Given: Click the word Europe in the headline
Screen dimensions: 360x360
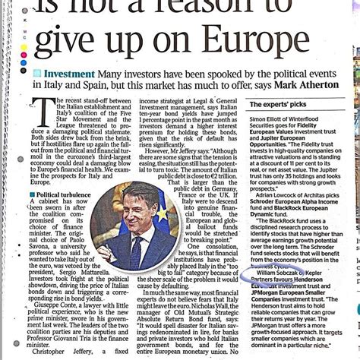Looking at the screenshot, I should pyautogui.click(x=272, y=40).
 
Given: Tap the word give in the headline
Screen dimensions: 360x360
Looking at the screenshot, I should pyautogui.click(x=69, y=40).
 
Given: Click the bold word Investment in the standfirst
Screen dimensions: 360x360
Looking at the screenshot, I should pyautogui.click(x=69, y=74).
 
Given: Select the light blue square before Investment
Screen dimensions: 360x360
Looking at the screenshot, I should pyautogui.click(x=37, y=74).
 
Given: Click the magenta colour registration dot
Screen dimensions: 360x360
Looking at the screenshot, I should pyautogui.click(x=24, y=58).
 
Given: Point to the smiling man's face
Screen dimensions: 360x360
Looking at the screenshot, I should pyautogui.click(x=136, y=211).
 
